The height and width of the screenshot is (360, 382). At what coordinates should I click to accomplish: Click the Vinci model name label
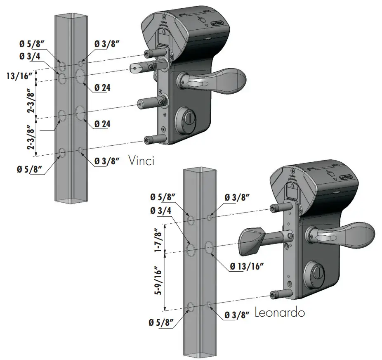pos(141,160)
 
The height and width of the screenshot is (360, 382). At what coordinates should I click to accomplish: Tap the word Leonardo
pos(280,313)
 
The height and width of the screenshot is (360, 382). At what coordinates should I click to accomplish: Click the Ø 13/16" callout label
pos(245,266)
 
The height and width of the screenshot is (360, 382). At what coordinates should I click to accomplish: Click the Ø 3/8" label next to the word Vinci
pos(107,161)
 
